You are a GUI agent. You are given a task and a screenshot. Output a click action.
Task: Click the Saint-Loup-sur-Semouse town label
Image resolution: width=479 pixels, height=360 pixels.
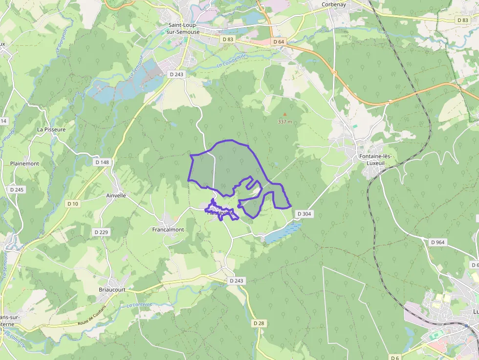[x=184, y=28]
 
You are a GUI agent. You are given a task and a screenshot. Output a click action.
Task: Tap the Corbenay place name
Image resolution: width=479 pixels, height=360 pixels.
[x=334, y=4]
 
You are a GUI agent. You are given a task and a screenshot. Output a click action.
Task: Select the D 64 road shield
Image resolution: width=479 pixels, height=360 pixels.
[x=279, y=42]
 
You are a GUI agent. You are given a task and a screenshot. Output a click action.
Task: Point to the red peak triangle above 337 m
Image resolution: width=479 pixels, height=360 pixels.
[x=285, y=115]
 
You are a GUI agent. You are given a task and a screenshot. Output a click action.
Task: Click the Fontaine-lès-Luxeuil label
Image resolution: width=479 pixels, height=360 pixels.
[x=375, y=159]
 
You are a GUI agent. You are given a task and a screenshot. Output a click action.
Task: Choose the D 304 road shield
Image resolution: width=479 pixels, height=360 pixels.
[x=304, y=214]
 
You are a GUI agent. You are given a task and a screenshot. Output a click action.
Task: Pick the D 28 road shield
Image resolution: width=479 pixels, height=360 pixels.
[x=259, y=323]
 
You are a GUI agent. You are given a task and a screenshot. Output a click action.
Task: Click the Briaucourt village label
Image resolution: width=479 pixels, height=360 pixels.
[x=112, y=289]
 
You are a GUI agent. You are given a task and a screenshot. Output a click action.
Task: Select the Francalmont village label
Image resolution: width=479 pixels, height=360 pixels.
[x=168, y=230]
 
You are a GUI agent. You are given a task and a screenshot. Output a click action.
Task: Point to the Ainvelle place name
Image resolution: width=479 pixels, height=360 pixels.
[x=116, y=195]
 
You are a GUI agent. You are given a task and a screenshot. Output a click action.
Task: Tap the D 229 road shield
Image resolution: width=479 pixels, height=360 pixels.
[x=101, y=232]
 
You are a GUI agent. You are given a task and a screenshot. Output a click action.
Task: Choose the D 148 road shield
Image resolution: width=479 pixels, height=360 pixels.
[x=102, y=162]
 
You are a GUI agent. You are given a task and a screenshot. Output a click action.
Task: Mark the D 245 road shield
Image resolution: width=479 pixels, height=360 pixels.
[x=16, y=190]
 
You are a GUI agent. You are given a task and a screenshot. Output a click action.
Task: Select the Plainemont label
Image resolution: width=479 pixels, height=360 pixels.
[x=24, y=164]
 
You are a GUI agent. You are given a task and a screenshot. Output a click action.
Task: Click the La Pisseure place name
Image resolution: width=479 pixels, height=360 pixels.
[x=51, y=129]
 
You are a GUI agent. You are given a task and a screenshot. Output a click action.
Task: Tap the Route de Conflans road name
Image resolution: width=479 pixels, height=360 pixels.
[x=91, y=317]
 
